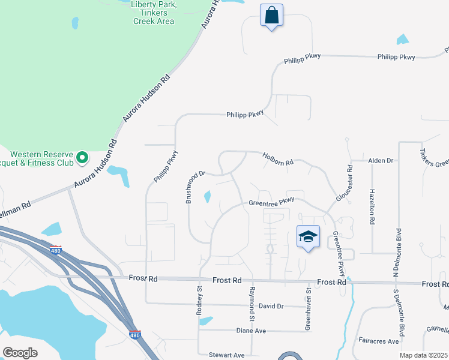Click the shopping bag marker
[272, 14]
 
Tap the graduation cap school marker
[308, 237]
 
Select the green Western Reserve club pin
[83, 158]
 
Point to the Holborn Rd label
[277, 159]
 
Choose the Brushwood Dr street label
[196, 186]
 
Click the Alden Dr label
[380, 161]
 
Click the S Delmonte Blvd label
[397, 312]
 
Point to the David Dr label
[271, 306]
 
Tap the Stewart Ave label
[227, 355]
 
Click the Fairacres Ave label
[378, 341]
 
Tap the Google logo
[20, 353]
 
